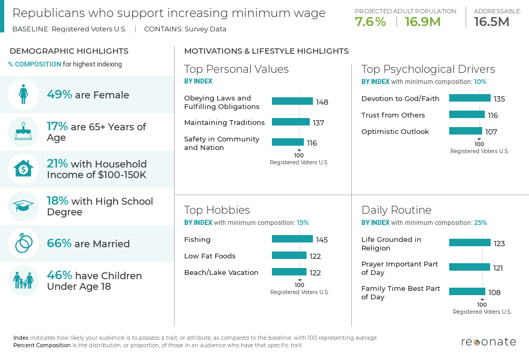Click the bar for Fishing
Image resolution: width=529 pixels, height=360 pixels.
(x=292, y=239)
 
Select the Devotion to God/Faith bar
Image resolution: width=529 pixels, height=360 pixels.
(x=469, y=98)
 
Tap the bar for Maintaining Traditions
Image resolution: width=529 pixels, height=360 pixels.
(x=291, y=122)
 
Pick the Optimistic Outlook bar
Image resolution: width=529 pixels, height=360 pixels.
(x=465, y=131)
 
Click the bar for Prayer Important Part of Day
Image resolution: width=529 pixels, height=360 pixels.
(x=469, y=267)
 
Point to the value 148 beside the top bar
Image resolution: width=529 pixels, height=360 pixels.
(x=322, y=102)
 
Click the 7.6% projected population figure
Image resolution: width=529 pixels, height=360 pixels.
(x=370, y=22)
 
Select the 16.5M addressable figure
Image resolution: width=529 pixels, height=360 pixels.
(x=491, y=22)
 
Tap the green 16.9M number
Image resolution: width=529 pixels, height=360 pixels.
(x=423, y=22)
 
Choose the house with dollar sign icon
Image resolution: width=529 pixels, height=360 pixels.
(x=23, y=169)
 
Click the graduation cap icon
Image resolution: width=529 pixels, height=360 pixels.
(x=23, y=206)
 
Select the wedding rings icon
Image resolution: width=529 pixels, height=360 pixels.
(x=23, y=244)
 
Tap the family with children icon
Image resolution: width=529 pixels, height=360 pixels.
(x=23, y=280)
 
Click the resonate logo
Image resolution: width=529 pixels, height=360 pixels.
(x=488, y=342)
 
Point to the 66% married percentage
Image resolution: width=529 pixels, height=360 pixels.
(x=59, y=244)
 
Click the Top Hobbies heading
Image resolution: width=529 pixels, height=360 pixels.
(x=217, y=210)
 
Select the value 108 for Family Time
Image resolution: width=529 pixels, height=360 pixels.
(x=494, y=292)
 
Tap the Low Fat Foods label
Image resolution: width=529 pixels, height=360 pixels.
(x=210, y=256)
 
